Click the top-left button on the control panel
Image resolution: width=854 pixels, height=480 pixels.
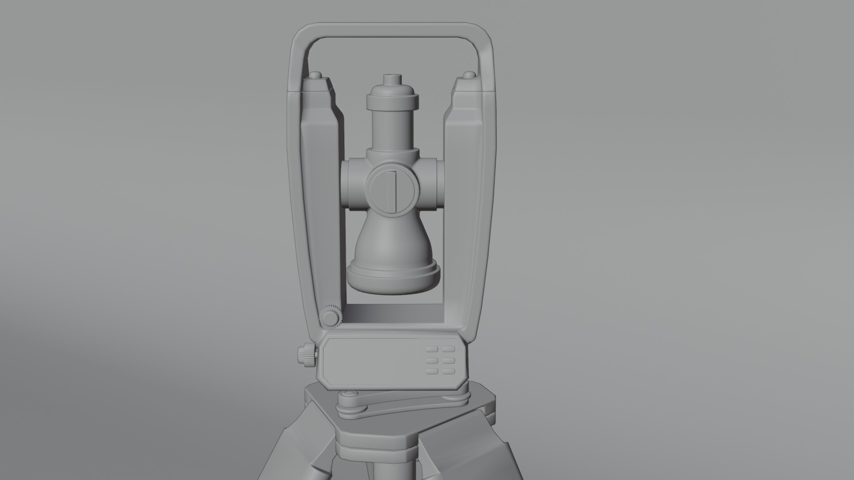[x=431, y=350]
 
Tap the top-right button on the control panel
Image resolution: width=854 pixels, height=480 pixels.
[x=448, y=350]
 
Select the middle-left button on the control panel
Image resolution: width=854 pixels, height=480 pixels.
[x=431, y=360]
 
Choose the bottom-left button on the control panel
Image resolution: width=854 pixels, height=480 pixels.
[x=431, y=371]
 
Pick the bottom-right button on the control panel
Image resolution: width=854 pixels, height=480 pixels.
[x=448, y=371]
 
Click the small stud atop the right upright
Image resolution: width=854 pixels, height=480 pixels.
[x=469, y=75]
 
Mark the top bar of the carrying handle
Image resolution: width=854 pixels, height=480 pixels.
[x=391, y=31]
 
